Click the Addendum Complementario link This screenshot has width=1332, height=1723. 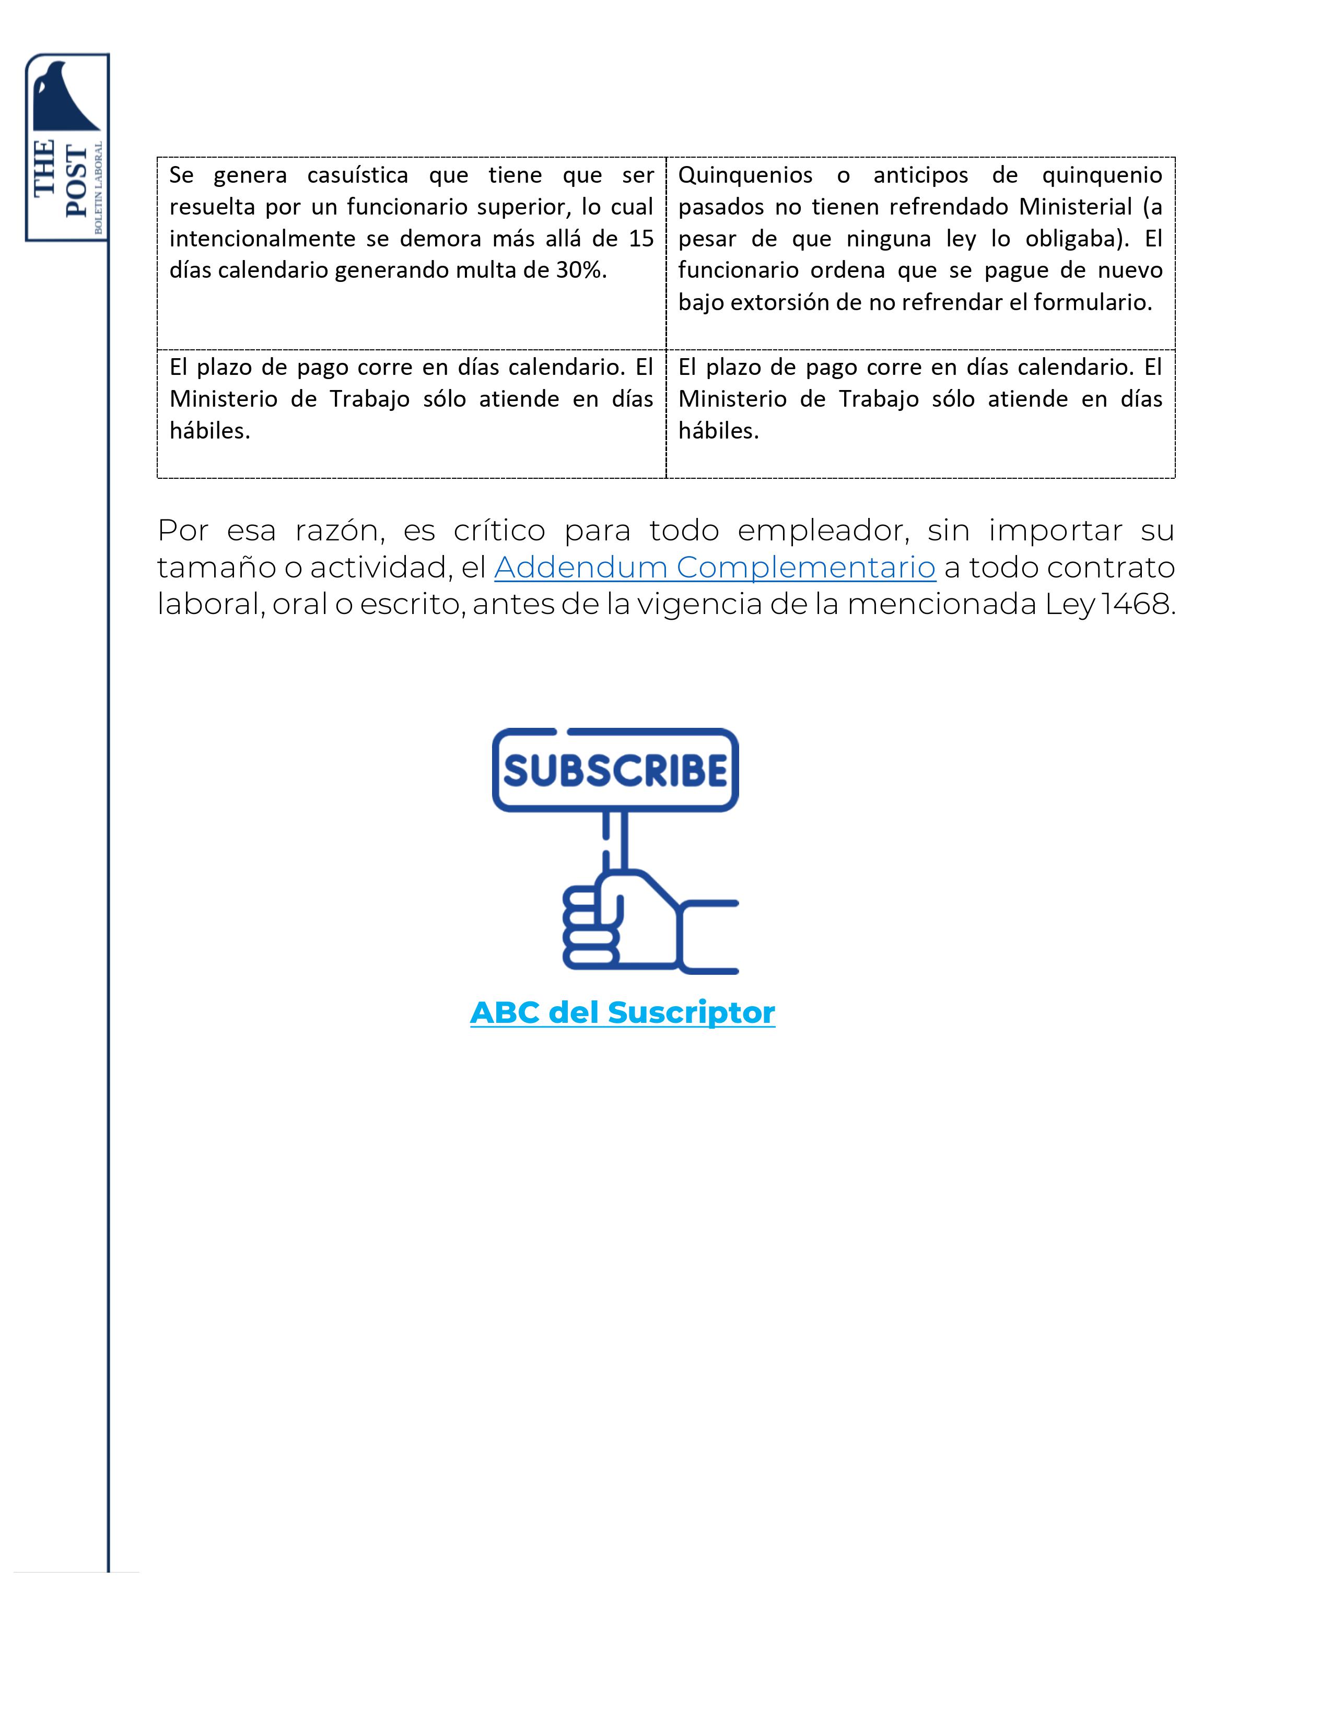point(714,567)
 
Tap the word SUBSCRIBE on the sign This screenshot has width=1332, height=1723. point(615,770)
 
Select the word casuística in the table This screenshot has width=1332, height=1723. point(357,175)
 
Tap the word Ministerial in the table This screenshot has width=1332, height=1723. point(1075,207)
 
